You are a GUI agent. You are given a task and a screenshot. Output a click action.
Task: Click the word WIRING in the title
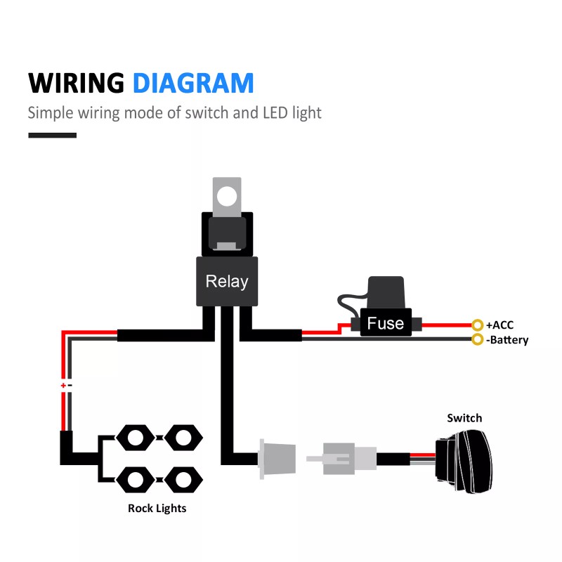[76, 83]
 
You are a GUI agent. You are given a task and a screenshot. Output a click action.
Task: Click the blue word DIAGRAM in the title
[193, 83]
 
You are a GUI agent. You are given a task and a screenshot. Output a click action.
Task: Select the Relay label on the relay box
[227, 282]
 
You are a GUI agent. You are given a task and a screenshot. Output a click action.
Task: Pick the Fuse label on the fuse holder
[386, 323]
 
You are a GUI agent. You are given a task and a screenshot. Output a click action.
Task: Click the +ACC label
[500, 325]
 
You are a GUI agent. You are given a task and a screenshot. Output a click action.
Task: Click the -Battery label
[507, 340]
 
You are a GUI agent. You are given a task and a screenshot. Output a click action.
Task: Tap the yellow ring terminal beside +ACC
[478, 325]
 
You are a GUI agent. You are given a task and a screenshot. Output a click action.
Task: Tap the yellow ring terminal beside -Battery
[478, 340]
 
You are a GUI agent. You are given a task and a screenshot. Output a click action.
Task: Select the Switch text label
[465, 418]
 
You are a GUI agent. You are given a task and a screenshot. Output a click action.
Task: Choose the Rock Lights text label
[157, 507]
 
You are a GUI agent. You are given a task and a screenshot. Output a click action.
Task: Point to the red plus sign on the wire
[63, 386]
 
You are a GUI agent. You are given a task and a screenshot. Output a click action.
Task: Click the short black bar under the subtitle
[52, 134]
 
